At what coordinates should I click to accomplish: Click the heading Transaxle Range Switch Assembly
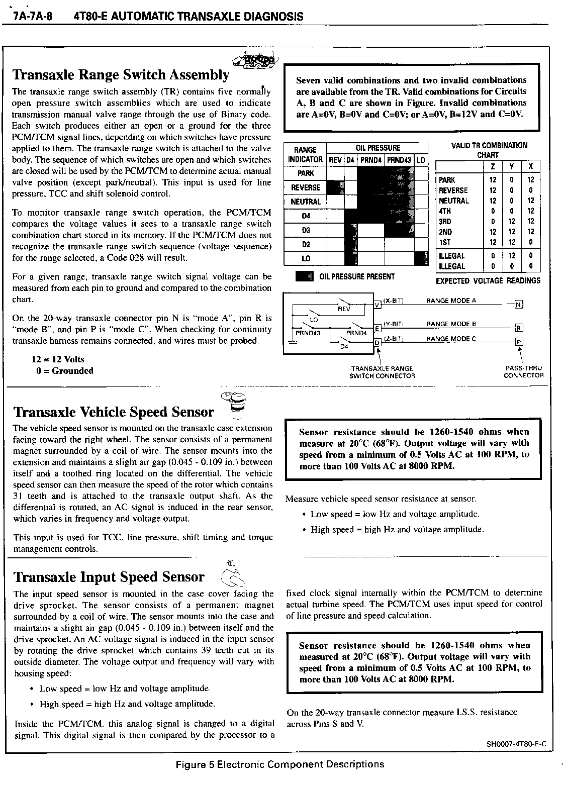coord(121,75)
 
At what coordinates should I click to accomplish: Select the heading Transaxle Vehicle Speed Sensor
coord(114,412)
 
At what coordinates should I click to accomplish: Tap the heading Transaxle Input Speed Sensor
coord(109,577)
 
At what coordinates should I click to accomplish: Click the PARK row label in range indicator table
coord(305,173)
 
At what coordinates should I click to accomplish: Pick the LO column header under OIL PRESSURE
coord(421,160)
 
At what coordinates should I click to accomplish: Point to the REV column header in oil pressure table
coord(335,160)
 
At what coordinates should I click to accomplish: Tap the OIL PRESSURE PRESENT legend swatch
coord(305,276)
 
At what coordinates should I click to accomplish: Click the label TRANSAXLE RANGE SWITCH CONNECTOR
coord(382,372)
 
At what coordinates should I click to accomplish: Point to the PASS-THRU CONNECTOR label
coord(523,372)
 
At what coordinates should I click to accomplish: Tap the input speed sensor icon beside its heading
coord(232,573)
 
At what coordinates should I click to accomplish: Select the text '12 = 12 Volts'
coord(58,359)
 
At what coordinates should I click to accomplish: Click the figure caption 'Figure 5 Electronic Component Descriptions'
coord(279,764)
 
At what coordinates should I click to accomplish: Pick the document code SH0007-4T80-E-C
coord(516,744)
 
